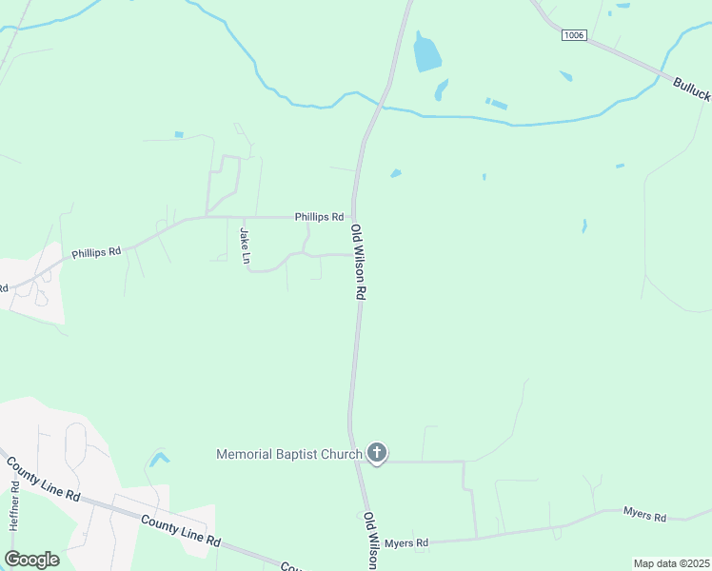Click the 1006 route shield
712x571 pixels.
click(573, 35)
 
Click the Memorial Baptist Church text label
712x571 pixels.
click(289, 454)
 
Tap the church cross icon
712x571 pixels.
click(377, 453)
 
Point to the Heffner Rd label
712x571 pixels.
click(14, 505)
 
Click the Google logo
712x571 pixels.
click(31, 560)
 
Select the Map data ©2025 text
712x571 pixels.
click(671, 563)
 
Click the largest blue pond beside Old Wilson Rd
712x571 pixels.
click(426, 53)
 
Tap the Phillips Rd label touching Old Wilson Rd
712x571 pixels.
click(319, 217)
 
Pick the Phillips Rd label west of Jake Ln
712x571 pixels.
click(96, 253)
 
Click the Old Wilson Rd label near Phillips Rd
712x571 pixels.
click(359, 263)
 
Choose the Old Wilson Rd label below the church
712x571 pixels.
click(370, 541)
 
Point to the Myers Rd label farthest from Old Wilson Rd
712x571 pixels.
click(644, 515)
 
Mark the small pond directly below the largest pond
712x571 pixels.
click(442, 90)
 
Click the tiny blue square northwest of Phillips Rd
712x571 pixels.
click(178, 134)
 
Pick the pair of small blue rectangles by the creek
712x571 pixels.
click(496, 103)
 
